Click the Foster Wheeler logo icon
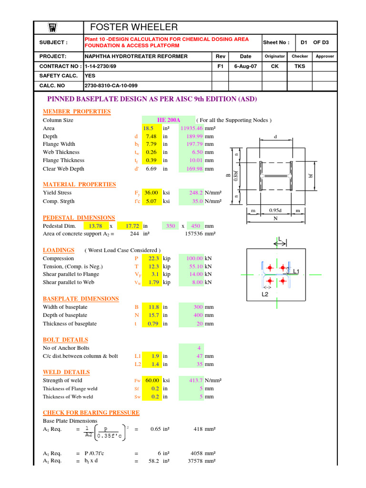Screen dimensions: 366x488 click(x=53, y=28)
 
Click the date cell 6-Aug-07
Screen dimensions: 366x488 click(x=245, y=66)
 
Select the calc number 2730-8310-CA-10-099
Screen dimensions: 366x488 click(x=111, y=86)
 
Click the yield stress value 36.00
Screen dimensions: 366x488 click(x=151, y=193)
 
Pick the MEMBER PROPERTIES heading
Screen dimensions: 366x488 click(x=77, y=112)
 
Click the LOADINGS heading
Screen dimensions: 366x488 click(x=59, y=250)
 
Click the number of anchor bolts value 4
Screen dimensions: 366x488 click(x=199, y=348)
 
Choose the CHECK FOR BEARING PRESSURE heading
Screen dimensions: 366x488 click(x=91, y=413)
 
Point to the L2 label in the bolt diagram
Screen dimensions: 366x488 click(x=265, y=294)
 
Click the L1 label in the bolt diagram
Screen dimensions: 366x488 click(x=296, y=271)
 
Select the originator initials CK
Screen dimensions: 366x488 click(x=275, y=66)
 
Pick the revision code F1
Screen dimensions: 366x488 click(x=220, y=66)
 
